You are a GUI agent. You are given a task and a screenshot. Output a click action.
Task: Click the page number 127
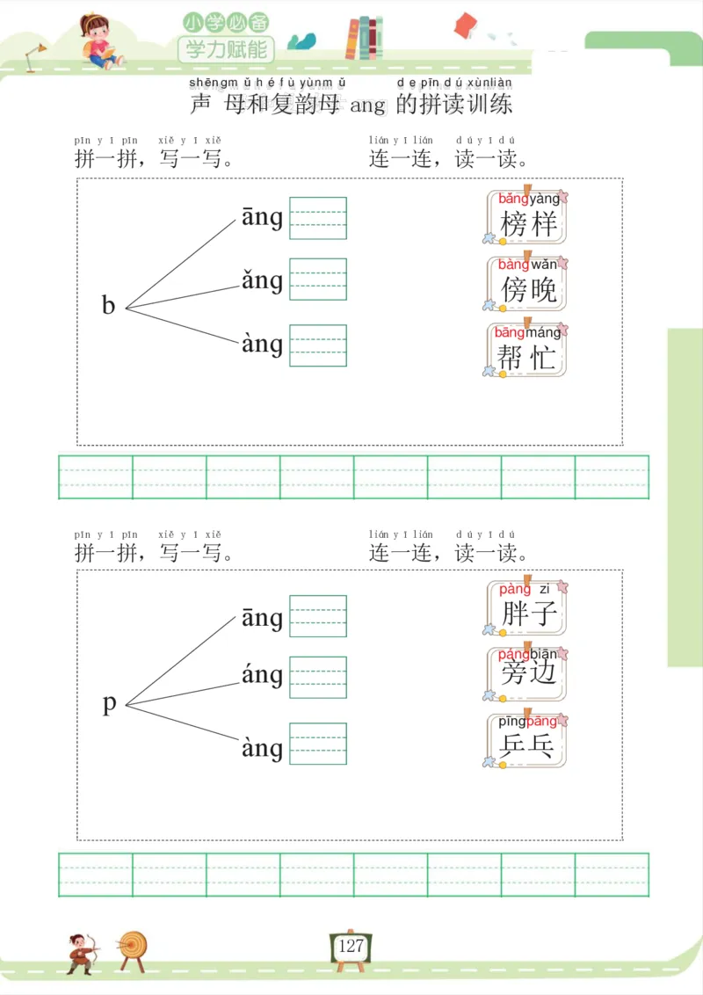(x=351, y=946)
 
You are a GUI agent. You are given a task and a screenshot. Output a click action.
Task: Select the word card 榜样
(x=527, y=217)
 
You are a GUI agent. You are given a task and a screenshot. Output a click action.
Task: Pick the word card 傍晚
(x=527, y=283)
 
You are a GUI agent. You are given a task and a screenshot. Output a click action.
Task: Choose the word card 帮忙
(x=527, y=351)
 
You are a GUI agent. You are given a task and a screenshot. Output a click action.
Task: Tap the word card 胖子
(x=527, y=607)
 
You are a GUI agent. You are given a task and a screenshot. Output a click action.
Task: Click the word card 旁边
(x=527, y=673)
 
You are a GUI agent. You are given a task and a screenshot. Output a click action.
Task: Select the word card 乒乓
(x=527, y=740)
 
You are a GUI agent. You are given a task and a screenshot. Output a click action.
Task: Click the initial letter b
(x=109, y=305)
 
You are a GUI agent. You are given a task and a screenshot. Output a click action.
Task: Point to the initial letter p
(x=109, y=703)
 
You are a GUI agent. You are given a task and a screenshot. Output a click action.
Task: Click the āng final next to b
(x=262, y=217)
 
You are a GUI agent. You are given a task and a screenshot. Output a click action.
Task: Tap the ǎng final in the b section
(x=262, y=281)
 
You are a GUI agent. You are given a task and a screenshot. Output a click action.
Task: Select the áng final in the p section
(x=262, y=675)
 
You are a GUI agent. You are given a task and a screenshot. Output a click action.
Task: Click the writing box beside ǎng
(x=318, y=280)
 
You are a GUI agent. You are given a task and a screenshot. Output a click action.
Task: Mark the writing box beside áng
(x=318, y=678)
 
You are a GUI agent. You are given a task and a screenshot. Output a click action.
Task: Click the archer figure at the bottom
(x=82, y=951)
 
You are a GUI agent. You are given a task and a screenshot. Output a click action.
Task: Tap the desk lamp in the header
(x=35, y=55)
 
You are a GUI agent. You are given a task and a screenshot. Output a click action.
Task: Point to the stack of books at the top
(x=364, y=39)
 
